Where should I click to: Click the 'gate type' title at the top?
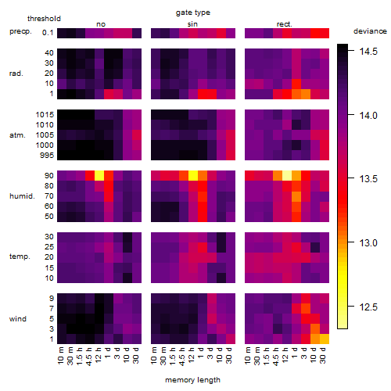[x=193, y=13]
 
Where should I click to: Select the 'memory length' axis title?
[x=192, y=380]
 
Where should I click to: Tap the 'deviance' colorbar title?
[x=370, y=31]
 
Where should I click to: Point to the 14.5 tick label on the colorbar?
[x=368, y=52]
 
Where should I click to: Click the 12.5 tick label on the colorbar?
[x=368, y=307]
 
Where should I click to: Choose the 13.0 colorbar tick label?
[x=368, y=243]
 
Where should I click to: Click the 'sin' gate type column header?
[x=192, y=24]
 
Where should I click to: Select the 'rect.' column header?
[x=285, y=24]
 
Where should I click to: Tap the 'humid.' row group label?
[x=22, y=196]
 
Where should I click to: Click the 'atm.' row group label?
[x=17, y=135]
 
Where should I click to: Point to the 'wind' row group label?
[x=18, y=319]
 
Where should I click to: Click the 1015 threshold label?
[x=45, y=115]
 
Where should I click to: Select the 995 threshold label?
[x=47, y=156]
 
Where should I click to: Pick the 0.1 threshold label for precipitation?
[x=48, y=33]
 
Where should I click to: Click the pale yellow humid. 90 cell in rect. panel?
[x=287, y=176]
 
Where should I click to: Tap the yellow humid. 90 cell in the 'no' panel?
[x=99, y=176]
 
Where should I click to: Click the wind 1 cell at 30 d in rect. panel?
[x=325, y=339]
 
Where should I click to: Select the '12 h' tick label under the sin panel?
[x=191, y=355]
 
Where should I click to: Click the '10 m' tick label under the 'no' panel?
[x=60, y=356]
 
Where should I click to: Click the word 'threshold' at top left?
[x=44, y=19]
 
